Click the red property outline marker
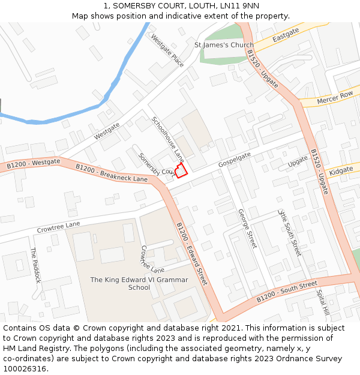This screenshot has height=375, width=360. click(x=181, y=170)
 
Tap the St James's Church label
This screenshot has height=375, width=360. click(x=224, y=45)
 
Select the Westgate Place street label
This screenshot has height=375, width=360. click(x=167, y=50)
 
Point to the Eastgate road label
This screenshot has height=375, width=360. click(x=286, y=38)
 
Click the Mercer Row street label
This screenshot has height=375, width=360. click(x=335, y=96)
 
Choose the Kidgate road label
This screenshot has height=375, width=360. click(x=341, y=171)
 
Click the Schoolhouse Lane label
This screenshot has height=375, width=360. click(x=167, y=139)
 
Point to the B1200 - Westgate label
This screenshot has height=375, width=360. click(x=34, y=163)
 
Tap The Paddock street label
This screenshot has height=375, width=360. click(x=36, y=266)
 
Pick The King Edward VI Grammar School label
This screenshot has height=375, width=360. click(x=139, y=283)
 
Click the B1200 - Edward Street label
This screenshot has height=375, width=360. click(x=191, y=253)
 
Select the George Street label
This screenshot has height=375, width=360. click(x=247, y=229)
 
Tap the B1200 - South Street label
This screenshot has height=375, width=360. click(x=286, y=292)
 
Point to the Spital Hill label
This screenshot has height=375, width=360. click(x=323, y=304)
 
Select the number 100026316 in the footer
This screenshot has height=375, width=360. click(x=25, y=369)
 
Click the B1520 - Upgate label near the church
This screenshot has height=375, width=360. click(x=262, y=69)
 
